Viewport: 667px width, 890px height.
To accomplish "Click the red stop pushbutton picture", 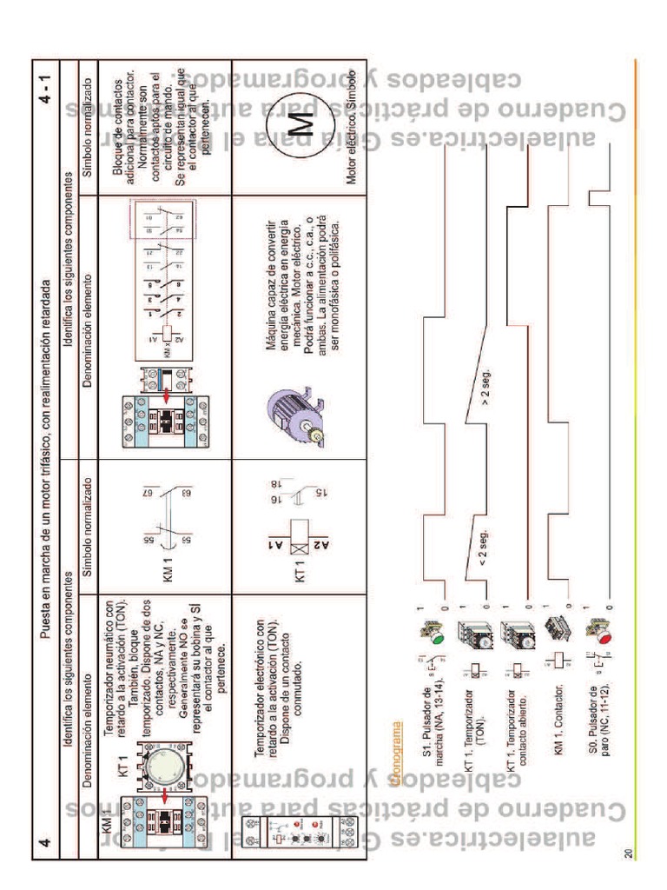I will coord(597,635).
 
